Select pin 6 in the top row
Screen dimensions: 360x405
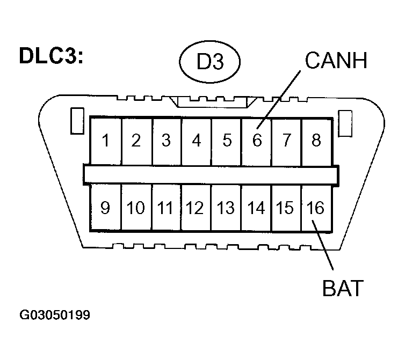pyautogui.click(x=257, y=141)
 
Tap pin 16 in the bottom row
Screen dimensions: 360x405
pyautogui.click(x=316, y=208)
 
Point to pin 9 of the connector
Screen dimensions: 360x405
pyautogui.click(x=105, y=208)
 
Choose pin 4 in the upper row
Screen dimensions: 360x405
pyautogui.click(x=196, y=141)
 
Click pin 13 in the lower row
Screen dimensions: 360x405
pyautogui.click(x=226, y=208)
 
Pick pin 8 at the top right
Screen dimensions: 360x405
pyautogui.click(x=316, y=141)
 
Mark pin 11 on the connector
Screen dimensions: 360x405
pyautogui.click(x=166, y=208)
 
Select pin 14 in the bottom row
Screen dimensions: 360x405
pyautogui.click(x=257, y=208)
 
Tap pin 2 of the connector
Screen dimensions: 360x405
pyautogui.click(x=136, y=141)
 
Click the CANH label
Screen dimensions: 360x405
pyautogui.click(x=336, y=61)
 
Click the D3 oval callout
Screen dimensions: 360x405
pyautogui.click(x=209, y=62)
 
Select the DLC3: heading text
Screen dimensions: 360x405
pyautogui.click(x=51, y=56)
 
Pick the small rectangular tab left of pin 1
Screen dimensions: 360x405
pyautogui.click(x=76, y=121)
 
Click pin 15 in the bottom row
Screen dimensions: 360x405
pyautogui.click(x=286, y=208)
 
